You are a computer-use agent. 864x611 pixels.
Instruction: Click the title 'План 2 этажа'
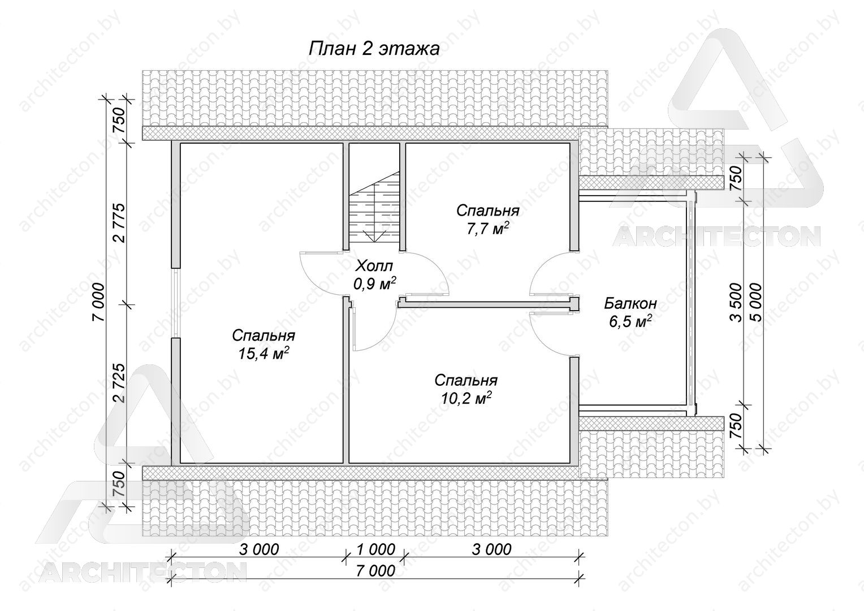tap(374, 49)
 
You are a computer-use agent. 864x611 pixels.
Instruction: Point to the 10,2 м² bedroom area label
tap(466, 398)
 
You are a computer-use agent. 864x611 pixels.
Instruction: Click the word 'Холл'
tap(374, 266)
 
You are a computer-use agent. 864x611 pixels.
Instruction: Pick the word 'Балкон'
tap(630, 303)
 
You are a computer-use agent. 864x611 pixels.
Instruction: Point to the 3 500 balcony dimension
tap(736, 303)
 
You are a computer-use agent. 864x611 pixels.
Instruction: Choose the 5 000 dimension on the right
tap(757, 303)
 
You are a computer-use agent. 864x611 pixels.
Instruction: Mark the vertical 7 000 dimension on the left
tap(99, 303)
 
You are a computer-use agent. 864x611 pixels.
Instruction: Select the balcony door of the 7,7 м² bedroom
tap(550, 273)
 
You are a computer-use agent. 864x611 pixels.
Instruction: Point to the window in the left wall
tap(175, 303)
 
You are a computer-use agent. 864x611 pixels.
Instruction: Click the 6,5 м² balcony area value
tap(630, 321)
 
